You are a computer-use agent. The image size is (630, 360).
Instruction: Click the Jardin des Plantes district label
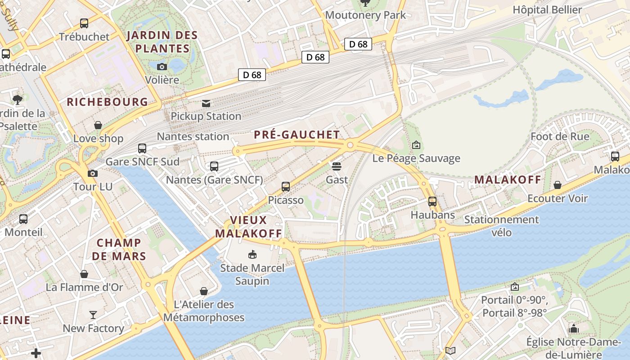(162, 42)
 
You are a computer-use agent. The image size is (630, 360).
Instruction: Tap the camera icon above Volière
(162, 67)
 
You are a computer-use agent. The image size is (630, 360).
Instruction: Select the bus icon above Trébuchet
(84, 23)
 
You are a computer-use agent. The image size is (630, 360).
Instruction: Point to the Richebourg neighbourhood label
(107, 102)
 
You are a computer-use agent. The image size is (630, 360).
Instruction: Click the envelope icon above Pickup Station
(206, 103)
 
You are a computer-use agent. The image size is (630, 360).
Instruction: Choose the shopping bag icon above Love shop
(98, 125)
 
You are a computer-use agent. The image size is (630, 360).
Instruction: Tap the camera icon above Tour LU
(93, 173)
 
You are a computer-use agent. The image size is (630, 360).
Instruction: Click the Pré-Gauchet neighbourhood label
(297, 135)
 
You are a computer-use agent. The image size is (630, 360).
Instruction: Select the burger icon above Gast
(337, 166)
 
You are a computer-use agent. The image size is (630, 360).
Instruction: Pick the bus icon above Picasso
(286, 187)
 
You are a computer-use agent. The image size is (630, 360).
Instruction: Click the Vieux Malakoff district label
(248, 227)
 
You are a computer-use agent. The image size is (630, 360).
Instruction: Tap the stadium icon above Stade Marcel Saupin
(252, 255)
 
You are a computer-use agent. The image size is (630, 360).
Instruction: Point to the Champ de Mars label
(119, 249)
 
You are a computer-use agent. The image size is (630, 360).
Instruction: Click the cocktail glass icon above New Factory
(93, 315)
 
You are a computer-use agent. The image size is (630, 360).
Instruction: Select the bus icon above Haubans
(432, 202)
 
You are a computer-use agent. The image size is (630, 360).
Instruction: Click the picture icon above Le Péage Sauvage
(416, 145)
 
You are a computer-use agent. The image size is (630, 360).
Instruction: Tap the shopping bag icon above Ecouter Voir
(558, 185)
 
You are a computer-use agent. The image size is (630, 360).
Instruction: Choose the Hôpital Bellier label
(547, 10)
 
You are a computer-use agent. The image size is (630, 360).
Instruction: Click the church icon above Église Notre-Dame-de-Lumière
(573, 328)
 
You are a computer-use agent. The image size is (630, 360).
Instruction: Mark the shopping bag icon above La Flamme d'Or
(84, 274)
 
